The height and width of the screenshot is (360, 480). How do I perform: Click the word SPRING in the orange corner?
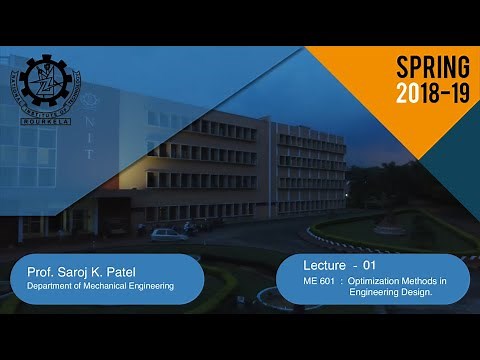click(x=433, y=68)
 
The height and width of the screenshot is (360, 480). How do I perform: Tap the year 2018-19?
click(x=433, y=95)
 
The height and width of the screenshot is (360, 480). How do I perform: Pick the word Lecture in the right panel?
click(x=328, y=265)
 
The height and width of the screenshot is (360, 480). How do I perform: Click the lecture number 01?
click(x=368, y=265)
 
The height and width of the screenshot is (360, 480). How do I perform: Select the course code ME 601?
click(x=319, y=282)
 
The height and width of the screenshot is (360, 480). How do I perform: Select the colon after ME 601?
click(x=342, y=282)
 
